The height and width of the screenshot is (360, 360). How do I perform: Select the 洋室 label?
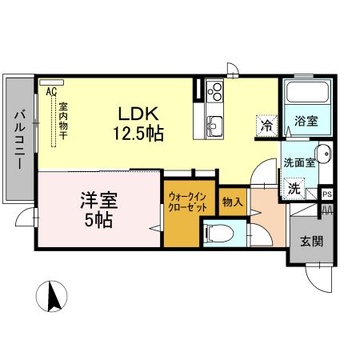96,198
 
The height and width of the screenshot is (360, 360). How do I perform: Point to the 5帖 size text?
97,218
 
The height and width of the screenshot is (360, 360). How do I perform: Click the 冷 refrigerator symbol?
267,125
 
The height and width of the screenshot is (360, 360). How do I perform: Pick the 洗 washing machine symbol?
294,190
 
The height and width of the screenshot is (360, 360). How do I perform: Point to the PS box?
326,194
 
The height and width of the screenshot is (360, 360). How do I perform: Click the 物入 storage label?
232,202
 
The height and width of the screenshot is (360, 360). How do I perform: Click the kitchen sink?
214,126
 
